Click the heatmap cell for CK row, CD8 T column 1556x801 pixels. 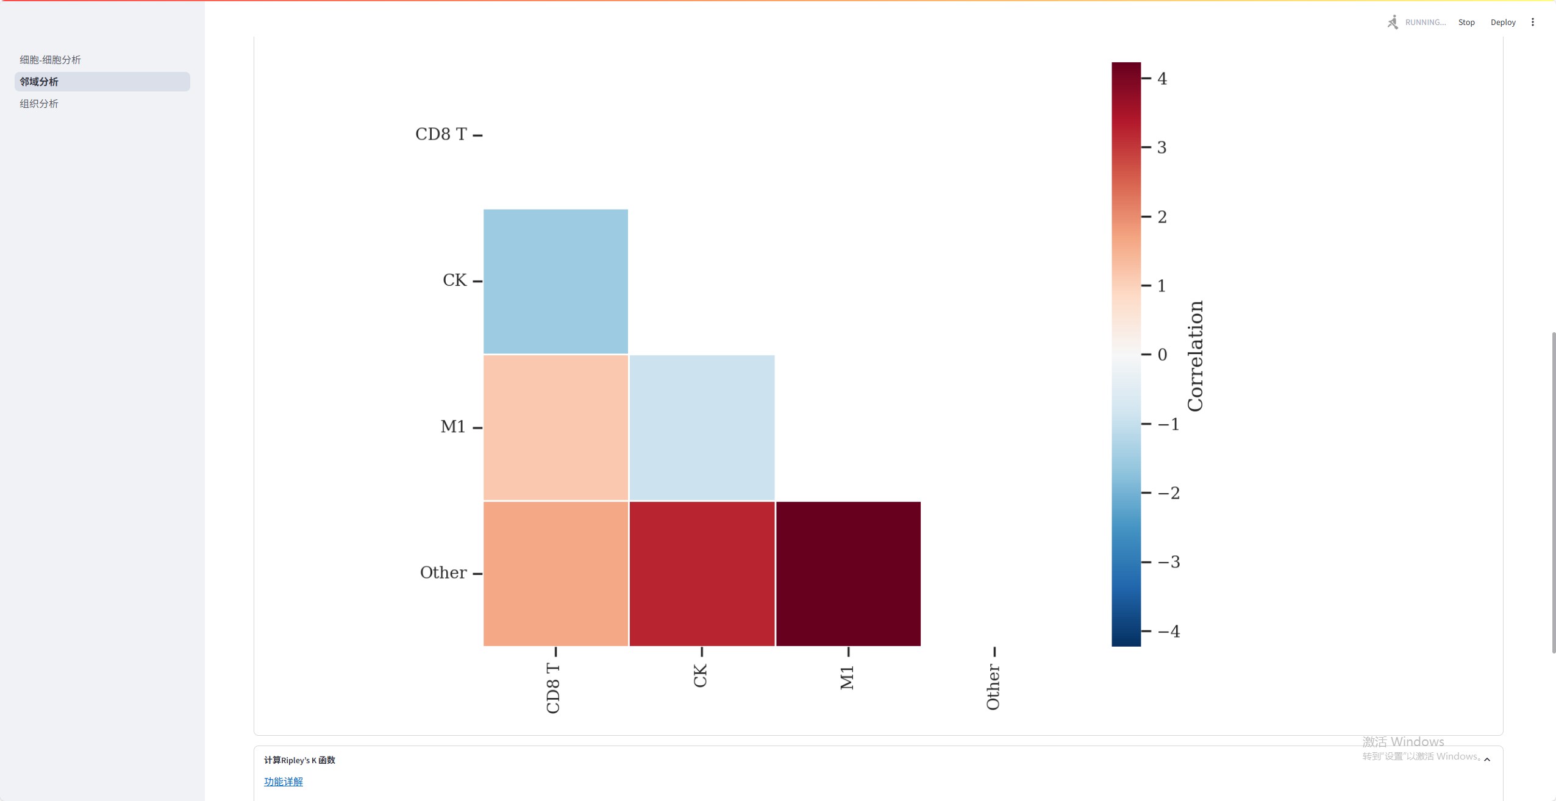555,281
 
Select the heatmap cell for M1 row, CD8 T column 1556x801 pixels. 555,427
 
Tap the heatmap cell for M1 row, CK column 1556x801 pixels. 702,427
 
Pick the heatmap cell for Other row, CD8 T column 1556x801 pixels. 555,573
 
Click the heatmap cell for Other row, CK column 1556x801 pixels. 702,573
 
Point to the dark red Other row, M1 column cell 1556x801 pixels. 848,573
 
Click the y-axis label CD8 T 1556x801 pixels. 441,134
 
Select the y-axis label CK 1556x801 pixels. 454,280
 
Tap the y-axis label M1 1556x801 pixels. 452,427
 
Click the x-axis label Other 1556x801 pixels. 993,687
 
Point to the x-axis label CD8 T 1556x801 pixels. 553,688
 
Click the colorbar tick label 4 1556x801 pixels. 1162,79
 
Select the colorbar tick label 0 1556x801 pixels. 1162,355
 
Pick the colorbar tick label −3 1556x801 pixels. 1169,562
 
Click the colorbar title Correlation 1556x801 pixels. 1196,356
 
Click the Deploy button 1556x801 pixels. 1503,23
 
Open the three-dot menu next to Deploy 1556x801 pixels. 1533,23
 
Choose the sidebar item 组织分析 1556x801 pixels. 39,104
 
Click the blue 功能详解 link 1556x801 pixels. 284,781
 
